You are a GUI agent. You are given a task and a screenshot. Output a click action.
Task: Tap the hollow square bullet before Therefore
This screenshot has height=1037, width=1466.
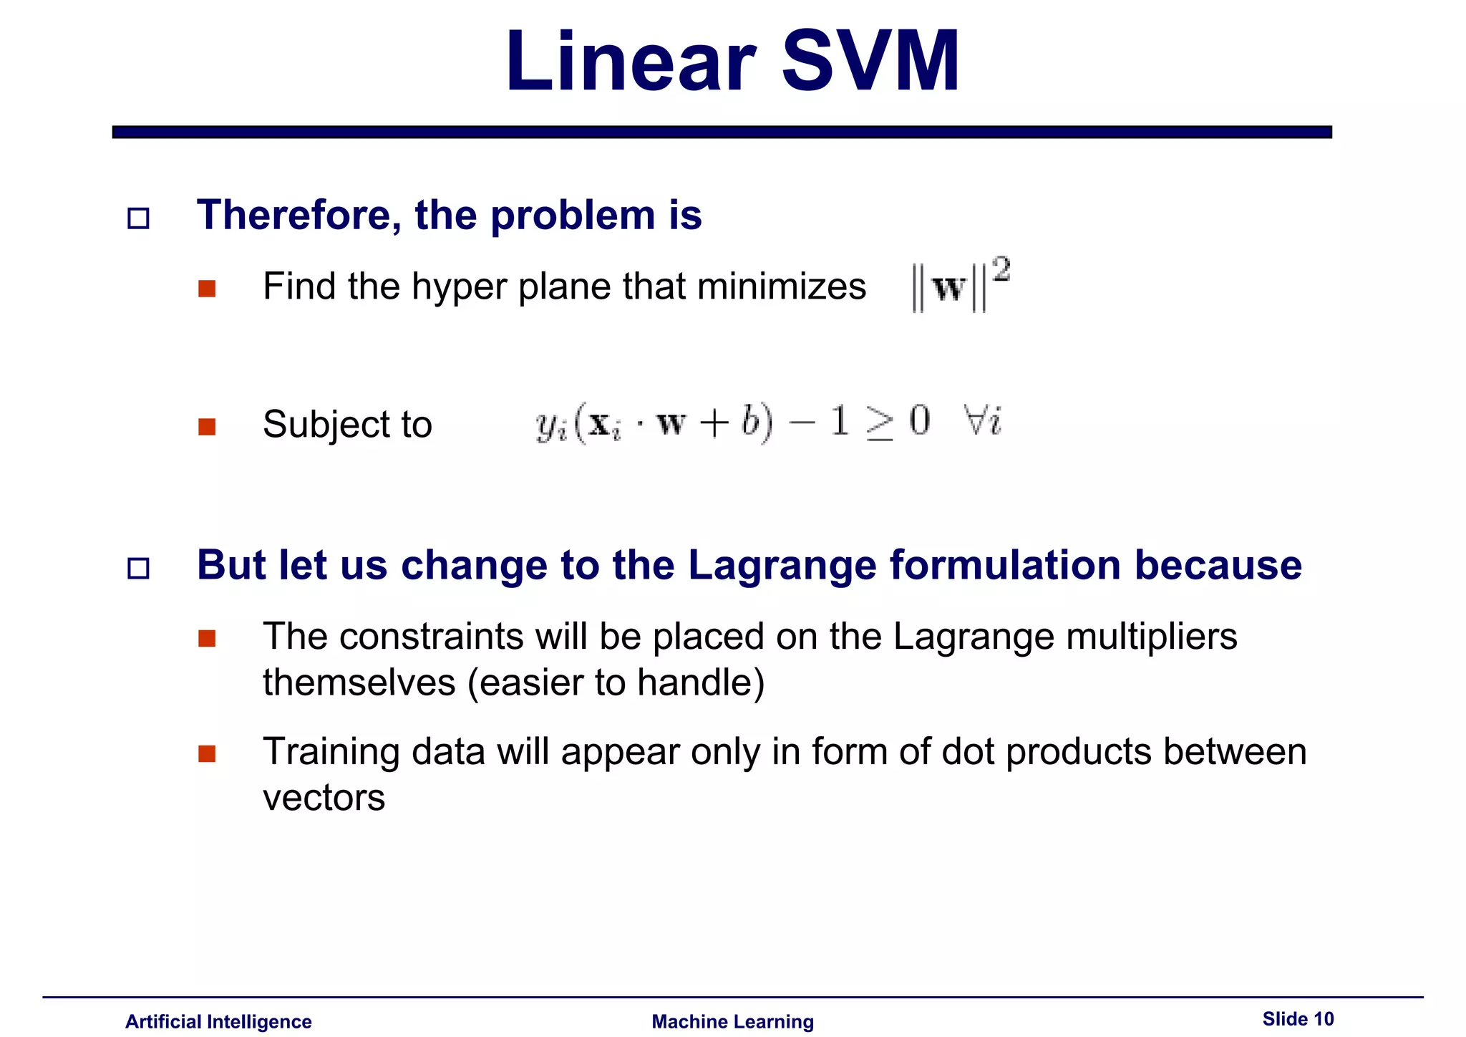tap(138, 218)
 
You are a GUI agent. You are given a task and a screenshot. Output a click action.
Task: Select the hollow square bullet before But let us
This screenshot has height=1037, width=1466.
tap(138, 569)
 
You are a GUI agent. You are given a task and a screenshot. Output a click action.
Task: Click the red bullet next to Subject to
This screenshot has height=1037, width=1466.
tap(207, 427)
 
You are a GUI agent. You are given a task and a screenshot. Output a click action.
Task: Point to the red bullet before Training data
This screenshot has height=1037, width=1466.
tap(207, 754)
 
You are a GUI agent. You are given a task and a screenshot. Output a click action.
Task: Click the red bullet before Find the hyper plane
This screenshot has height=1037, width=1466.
tap(207, 289)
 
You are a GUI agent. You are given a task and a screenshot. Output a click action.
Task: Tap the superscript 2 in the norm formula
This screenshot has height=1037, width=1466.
tap(1001, 270)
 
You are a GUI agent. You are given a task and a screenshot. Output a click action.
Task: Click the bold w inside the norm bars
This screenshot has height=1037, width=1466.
tap(949, 288)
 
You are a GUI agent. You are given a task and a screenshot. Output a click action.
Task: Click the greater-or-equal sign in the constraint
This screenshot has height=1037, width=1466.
tap(879, 423)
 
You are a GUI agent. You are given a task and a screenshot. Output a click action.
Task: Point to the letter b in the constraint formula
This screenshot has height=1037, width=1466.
tap(749, 420)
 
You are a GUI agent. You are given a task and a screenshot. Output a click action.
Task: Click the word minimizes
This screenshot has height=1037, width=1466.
tap(781, 286)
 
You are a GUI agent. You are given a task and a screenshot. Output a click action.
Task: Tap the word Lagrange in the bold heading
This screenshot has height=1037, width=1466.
tap(782, 565)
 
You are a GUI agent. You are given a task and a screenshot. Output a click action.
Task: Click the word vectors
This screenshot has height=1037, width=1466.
tap(324, 798)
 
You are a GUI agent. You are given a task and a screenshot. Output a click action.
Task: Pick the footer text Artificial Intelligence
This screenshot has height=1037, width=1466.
tap(218, 1021)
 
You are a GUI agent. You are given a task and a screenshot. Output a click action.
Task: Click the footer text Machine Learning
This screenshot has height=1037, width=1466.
tap(732, 1021)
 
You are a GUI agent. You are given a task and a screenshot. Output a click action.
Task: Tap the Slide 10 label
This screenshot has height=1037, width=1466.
tap(1298, 1018)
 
